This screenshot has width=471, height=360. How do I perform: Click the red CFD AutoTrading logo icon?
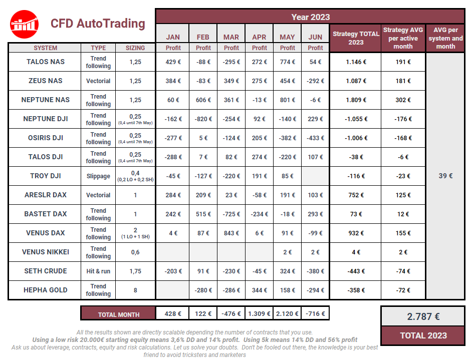tap(25, 24)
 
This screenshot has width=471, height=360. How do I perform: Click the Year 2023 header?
tap(310, 17)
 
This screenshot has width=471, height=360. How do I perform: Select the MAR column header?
tap(231, 37)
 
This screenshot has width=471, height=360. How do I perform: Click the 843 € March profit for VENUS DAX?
tap(231, 233)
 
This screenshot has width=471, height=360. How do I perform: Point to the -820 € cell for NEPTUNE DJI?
tap(203, 119)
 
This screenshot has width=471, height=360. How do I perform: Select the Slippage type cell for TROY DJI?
tap(98, 176)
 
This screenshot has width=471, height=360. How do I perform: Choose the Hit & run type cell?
tap(98, 271)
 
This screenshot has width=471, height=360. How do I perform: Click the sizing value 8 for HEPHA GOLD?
tap(135, 290)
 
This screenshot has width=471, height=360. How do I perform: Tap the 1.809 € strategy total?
tap(356, 100)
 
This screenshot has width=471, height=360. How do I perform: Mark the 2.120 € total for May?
tap(287, 314)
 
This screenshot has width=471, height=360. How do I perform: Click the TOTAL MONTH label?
tap(118, 314)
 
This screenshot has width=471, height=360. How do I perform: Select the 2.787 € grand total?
tap(423, 316)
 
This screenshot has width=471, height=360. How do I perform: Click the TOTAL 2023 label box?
tap(423, 335)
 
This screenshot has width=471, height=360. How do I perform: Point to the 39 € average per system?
tap(445, 176)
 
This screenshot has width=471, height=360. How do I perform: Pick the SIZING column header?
tap(135, 48)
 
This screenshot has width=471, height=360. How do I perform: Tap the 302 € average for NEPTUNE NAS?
tap(403, 100)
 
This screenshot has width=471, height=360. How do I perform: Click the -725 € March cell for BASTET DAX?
tap(231, 214)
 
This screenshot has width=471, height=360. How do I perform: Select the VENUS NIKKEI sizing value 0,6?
tap(135, 252)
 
